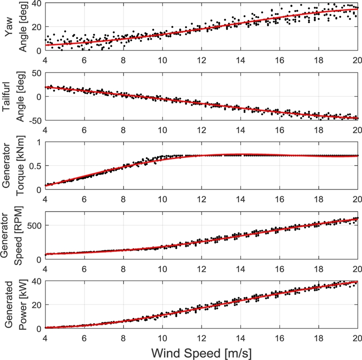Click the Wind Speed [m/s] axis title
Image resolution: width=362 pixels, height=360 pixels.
click(x=201, y=351)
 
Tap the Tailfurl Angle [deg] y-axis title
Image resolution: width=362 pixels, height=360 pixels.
click(x=14, y=96)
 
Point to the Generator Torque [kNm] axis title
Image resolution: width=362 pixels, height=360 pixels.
click(x=14, y=166)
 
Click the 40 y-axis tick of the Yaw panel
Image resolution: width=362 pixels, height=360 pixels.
click(x=36, y=4)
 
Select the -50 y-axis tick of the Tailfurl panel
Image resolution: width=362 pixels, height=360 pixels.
click(x=34, y=120)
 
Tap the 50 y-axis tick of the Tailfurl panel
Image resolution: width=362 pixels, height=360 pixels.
click(x=36, y=73)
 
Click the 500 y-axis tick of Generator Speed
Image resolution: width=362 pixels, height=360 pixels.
click(x=33, y=225)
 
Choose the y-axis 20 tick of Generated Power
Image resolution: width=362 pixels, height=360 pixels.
click(x=36, y=305)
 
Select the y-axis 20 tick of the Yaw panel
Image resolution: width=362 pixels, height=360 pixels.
click(x=36, y=27)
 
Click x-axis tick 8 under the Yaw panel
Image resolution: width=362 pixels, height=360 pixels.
click(x=123, y=59)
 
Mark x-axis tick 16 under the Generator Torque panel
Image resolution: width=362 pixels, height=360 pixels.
click(x=280, y=198)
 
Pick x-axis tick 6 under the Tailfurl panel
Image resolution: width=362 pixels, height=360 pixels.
click(x=84, y=128)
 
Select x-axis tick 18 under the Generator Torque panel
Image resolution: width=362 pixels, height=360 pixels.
click(x=319, y=198)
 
